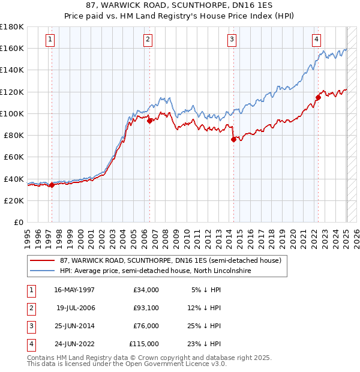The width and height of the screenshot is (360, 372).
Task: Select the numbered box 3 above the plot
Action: click(x=232, y=40)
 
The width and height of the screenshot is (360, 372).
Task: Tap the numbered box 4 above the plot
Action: click(x=316, y=40)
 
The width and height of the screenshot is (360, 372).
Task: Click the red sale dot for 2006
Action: click(x=149, y=121)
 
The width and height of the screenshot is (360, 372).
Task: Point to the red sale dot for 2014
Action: click(x=233, y=139)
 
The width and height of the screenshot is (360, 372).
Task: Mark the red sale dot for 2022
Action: click(x=318, y=97)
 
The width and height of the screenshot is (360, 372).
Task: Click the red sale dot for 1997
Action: click(x=52, y=185)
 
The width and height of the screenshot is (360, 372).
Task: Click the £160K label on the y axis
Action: click(x=12, y=48)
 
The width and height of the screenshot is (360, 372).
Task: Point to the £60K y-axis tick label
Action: click(x=14, y=157)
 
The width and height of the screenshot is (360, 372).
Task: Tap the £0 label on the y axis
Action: click(x=19, y=222)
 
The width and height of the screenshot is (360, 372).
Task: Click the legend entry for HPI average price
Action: click(x=155, y=271)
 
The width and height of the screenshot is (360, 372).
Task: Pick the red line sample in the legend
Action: click(x=41, y=260)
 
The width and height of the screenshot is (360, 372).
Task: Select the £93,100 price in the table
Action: click(x=144, y=308)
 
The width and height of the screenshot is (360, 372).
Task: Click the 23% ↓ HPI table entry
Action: click(x=207, y=344)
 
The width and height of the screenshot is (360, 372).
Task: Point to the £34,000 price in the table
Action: click(x=144, y=290)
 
